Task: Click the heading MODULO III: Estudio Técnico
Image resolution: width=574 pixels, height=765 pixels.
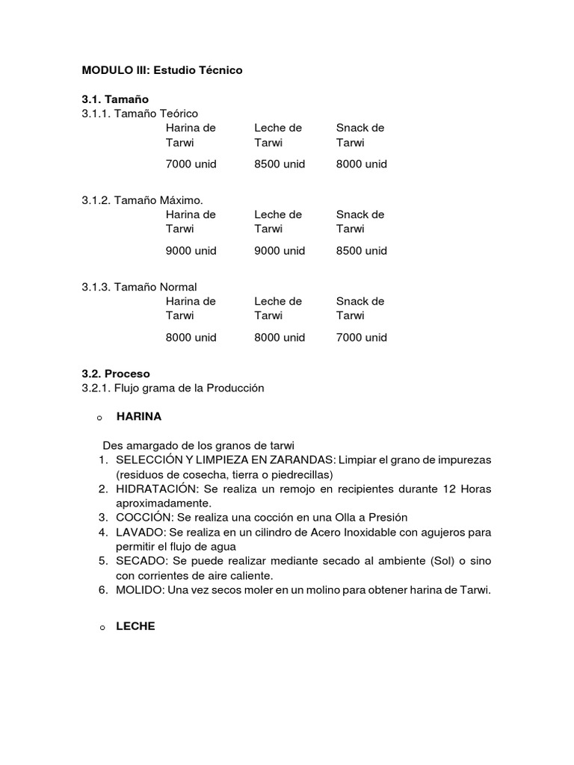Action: coord(162,69)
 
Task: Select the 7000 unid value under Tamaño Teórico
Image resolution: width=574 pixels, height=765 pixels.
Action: coord(191,164)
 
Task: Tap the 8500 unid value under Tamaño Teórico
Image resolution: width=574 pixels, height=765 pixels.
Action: coord(280,164)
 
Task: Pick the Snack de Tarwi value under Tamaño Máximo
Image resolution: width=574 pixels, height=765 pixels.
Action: coord(362,251)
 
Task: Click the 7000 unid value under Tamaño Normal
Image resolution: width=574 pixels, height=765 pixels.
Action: coord(362,338)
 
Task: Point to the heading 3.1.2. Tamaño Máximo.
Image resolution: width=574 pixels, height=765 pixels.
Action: coord(142,200)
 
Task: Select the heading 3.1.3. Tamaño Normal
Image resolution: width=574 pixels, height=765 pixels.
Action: coord(139,287)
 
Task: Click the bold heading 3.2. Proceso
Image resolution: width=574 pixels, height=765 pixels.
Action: coord(116,374)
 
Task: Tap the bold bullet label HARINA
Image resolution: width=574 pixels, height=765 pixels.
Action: coord(139,417)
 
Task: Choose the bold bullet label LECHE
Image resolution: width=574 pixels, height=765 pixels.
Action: coord(135,627)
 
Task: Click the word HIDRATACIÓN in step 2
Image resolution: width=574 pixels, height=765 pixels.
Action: coord(155,489)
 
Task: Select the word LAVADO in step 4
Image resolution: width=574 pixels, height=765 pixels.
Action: coord(140,532)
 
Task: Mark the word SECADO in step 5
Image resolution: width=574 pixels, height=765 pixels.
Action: coord(141,560)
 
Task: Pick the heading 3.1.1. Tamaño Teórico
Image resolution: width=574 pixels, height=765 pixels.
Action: coord(140,114)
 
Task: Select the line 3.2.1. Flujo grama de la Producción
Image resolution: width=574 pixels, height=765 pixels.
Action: coord(173,388)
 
